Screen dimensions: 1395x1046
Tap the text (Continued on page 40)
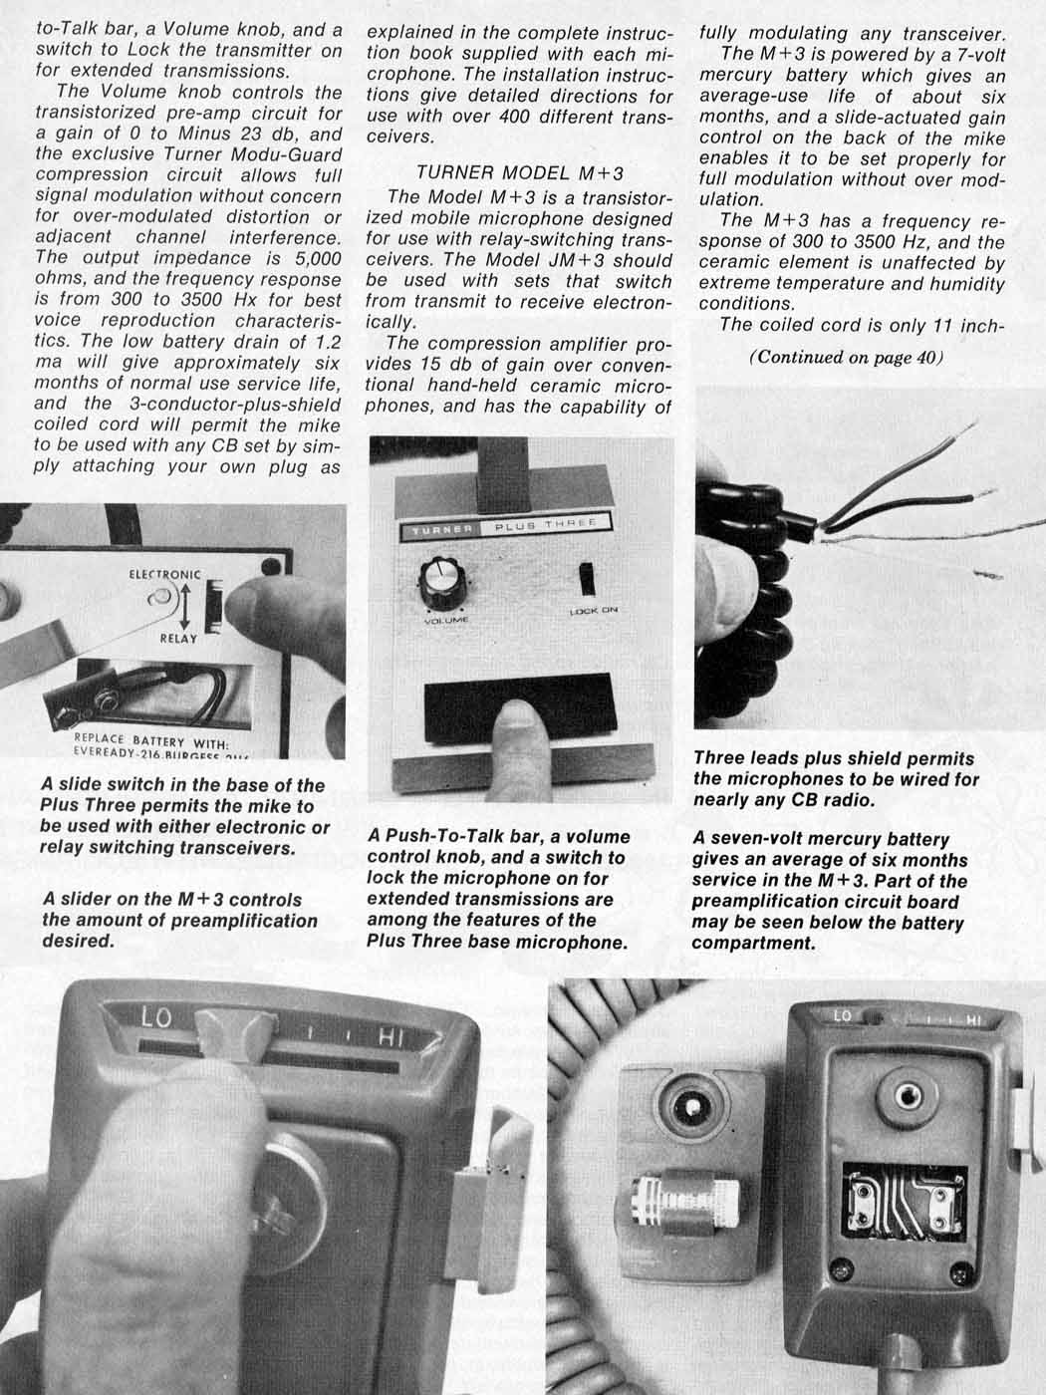(846, 359)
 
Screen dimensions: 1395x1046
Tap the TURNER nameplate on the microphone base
(442, 529)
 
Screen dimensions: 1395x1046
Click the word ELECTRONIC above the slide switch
(164, 575)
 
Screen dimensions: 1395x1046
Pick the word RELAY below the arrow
(178, 638)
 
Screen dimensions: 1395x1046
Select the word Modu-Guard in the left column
(291, 154)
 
